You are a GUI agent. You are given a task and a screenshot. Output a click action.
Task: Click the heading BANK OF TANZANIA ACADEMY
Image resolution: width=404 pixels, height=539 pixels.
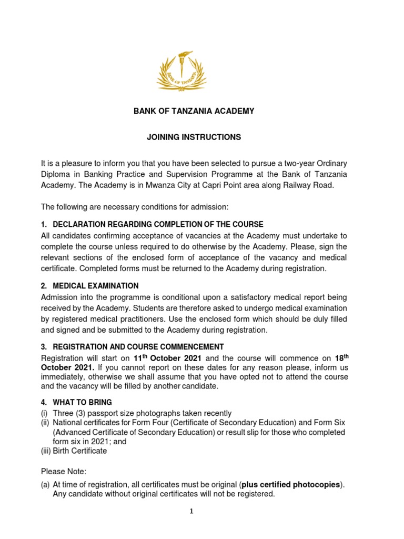[193, 111]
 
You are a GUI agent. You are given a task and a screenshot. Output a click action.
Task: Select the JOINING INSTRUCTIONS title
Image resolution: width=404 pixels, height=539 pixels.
[193, 137]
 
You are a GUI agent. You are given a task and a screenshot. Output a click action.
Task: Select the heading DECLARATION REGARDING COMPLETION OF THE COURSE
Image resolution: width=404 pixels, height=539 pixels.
[158, 224]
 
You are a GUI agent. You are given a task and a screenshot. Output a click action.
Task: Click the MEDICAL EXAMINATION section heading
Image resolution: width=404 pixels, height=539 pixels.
[96, 286]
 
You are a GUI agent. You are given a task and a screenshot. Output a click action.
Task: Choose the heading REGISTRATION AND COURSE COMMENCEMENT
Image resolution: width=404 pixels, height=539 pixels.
[138, 347]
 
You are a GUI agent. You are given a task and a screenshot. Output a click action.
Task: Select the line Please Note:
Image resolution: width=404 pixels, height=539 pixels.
[63, 471]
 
